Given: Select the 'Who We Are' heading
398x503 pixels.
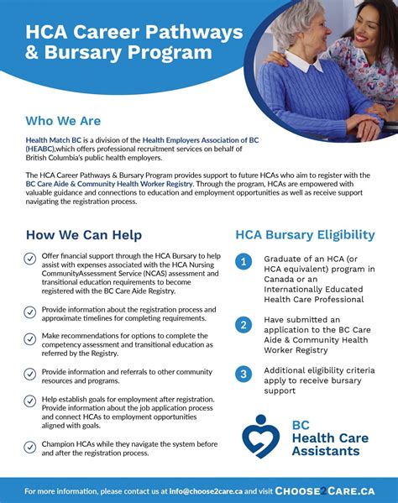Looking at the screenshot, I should click(62, 120).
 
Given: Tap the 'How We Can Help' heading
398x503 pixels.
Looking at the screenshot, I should click(84, 234).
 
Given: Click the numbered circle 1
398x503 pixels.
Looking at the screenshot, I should click(243, 262).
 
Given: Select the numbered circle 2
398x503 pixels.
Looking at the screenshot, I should click(243, 325).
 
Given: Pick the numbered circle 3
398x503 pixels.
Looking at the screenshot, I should click(243, 374).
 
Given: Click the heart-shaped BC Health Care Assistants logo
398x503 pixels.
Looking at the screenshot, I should click(262, 436).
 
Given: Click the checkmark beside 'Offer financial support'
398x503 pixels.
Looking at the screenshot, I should click(30, 259).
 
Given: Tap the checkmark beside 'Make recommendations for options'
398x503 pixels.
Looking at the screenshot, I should click(30, 338).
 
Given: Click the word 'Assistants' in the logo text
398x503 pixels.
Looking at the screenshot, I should click(326, 451).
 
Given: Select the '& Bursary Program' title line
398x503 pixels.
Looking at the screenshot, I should click(118, 54).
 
